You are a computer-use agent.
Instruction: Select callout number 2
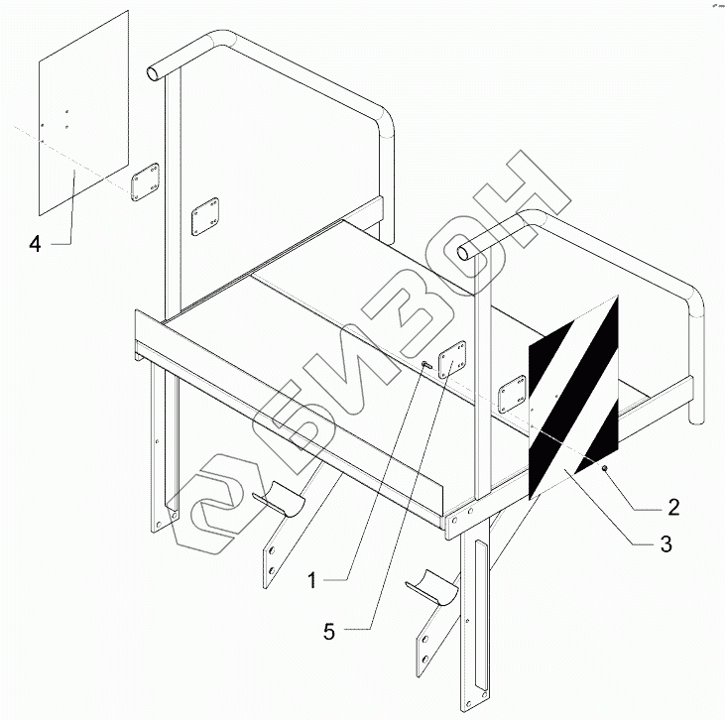[672, 508]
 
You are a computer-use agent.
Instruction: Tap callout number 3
[665, 544]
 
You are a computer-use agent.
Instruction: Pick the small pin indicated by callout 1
[424, 365]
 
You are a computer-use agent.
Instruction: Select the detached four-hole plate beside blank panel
[146, 181]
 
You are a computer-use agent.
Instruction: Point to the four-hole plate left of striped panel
[512, 394]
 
